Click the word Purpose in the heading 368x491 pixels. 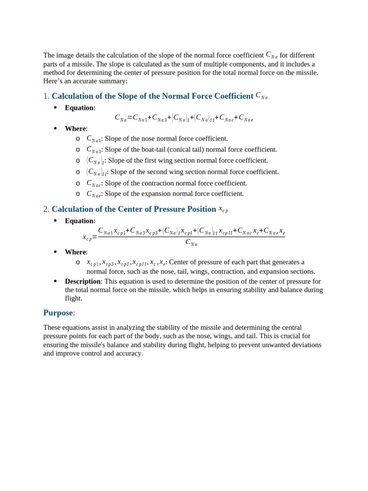(x=57, y=313)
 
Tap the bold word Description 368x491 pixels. (x=82, y=281)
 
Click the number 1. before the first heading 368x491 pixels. (x=46, y=96)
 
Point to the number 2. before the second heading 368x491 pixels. (x=46, y=209)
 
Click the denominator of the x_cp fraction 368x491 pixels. (x=191, y=243)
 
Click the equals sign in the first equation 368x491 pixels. (x=130, y=117)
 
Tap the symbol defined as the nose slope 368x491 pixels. (x=93, y=139)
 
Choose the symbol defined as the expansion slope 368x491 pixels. (x=93, y=194)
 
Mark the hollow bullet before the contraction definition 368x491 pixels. (x=78, y=183)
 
